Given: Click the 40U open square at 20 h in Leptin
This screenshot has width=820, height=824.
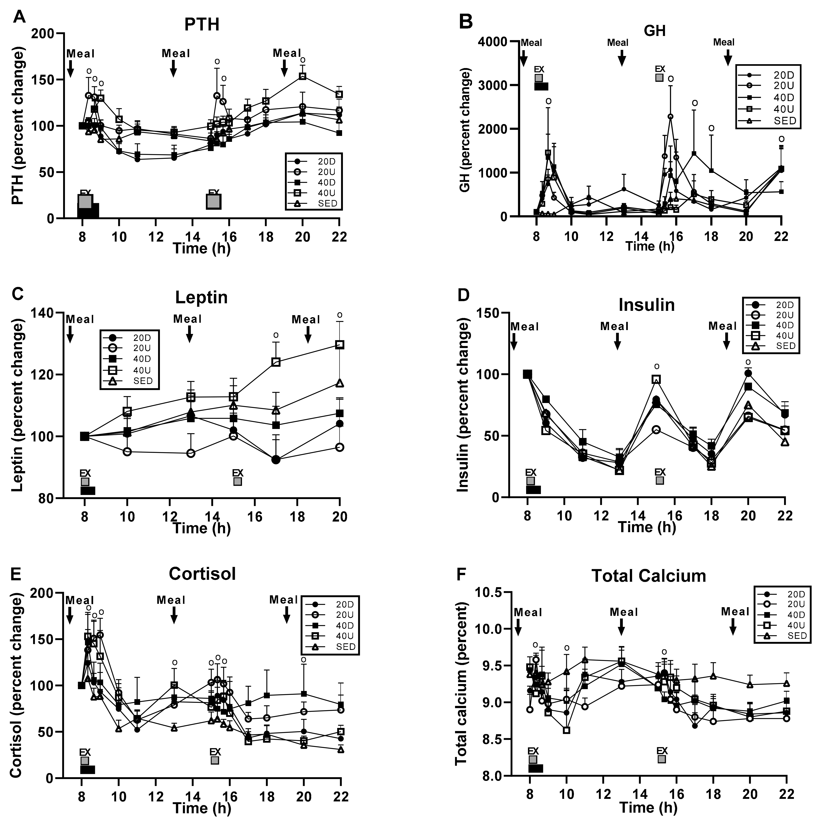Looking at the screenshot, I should coord(340,345).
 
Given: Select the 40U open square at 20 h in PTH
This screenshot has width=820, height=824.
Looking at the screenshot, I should coord(303,76).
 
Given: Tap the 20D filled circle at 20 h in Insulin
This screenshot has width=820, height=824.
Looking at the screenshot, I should coord(748,374).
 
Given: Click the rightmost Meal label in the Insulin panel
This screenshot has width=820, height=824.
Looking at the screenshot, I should coord(722,326).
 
